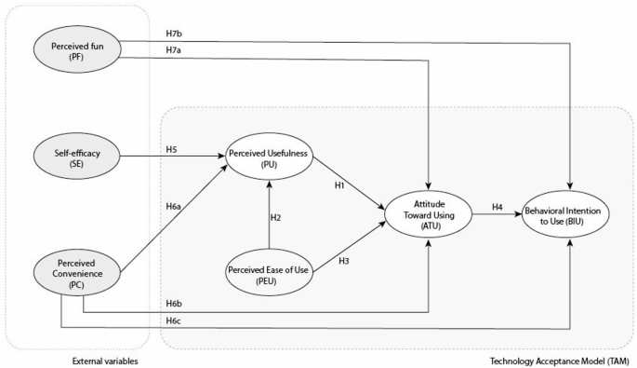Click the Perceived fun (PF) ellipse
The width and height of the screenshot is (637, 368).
pos(73,47)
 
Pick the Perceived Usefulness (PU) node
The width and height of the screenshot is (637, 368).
pos(268,157)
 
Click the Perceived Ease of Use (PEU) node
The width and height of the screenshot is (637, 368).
pos(268,272)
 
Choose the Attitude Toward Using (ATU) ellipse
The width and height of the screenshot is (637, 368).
pos(429,214)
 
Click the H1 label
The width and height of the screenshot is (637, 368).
pos(340,185)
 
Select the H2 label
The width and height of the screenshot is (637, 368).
pos(276,217)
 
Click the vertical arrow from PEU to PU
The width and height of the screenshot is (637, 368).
pos(268,214)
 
